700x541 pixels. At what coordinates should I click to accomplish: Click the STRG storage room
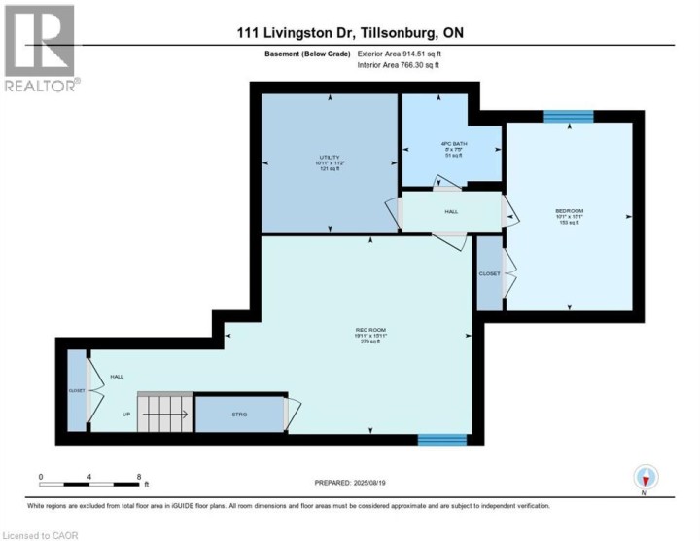tap(238, 415)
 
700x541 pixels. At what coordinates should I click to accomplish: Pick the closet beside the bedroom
tap(489, 273)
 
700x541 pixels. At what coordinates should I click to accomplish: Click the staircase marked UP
tap(163, 414)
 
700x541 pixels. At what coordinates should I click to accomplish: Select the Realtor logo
tap(41, 49)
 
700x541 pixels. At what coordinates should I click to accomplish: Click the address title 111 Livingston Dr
tap(350, 32)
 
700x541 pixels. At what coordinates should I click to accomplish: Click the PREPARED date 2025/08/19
tap(350, 483)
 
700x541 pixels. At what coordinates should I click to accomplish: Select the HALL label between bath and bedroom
tap(450, 210)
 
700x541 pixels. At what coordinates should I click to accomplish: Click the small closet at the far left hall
tap(76, 389)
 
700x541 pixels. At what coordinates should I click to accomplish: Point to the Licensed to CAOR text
tap(41, 534)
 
